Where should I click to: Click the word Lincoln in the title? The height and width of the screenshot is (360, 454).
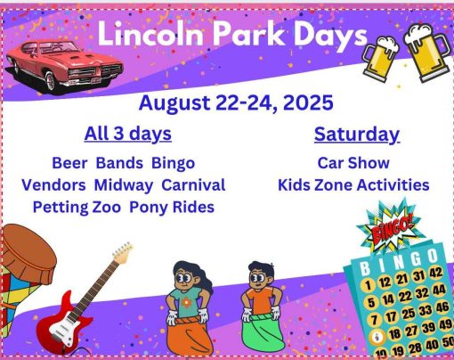pos(150,34)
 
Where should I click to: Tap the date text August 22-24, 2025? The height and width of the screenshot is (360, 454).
pos(236,102)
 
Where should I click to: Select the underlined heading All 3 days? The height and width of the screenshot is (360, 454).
pos(128,134)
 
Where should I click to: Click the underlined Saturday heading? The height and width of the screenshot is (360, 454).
pos(357,135)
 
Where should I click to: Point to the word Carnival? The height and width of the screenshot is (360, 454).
pos(193,185)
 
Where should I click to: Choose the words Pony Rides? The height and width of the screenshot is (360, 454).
pos(172,208)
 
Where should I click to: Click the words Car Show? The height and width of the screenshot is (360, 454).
pos(353,163)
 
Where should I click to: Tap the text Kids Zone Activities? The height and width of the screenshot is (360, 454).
pos(353,185)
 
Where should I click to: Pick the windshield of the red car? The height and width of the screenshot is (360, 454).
pos(60,48)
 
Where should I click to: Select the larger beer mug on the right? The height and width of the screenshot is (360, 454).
pos(426,53)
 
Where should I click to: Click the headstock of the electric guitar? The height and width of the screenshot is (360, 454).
pos(123,253)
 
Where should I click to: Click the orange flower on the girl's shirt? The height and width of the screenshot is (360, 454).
pos(186,302)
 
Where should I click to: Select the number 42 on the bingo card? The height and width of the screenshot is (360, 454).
pos(435,273)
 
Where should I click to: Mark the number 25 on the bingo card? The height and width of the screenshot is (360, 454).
pos(409,314)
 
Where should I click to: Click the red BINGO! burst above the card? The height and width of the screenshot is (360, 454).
pos(392,229)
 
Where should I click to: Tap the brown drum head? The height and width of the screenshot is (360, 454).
pos(28,249)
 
